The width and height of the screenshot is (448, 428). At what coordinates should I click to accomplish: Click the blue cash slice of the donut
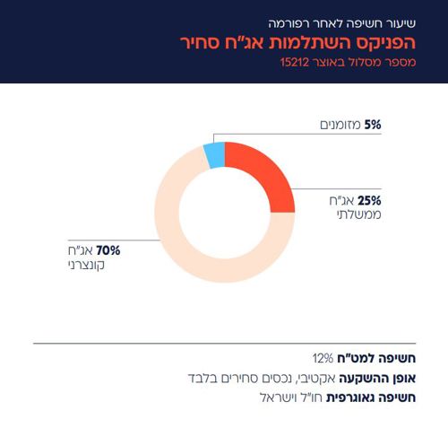coord(214,155)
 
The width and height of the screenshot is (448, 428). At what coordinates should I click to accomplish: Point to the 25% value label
coord(369,200)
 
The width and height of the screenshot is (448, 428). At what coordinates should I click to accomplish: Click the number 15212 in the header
coord(297,66)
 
